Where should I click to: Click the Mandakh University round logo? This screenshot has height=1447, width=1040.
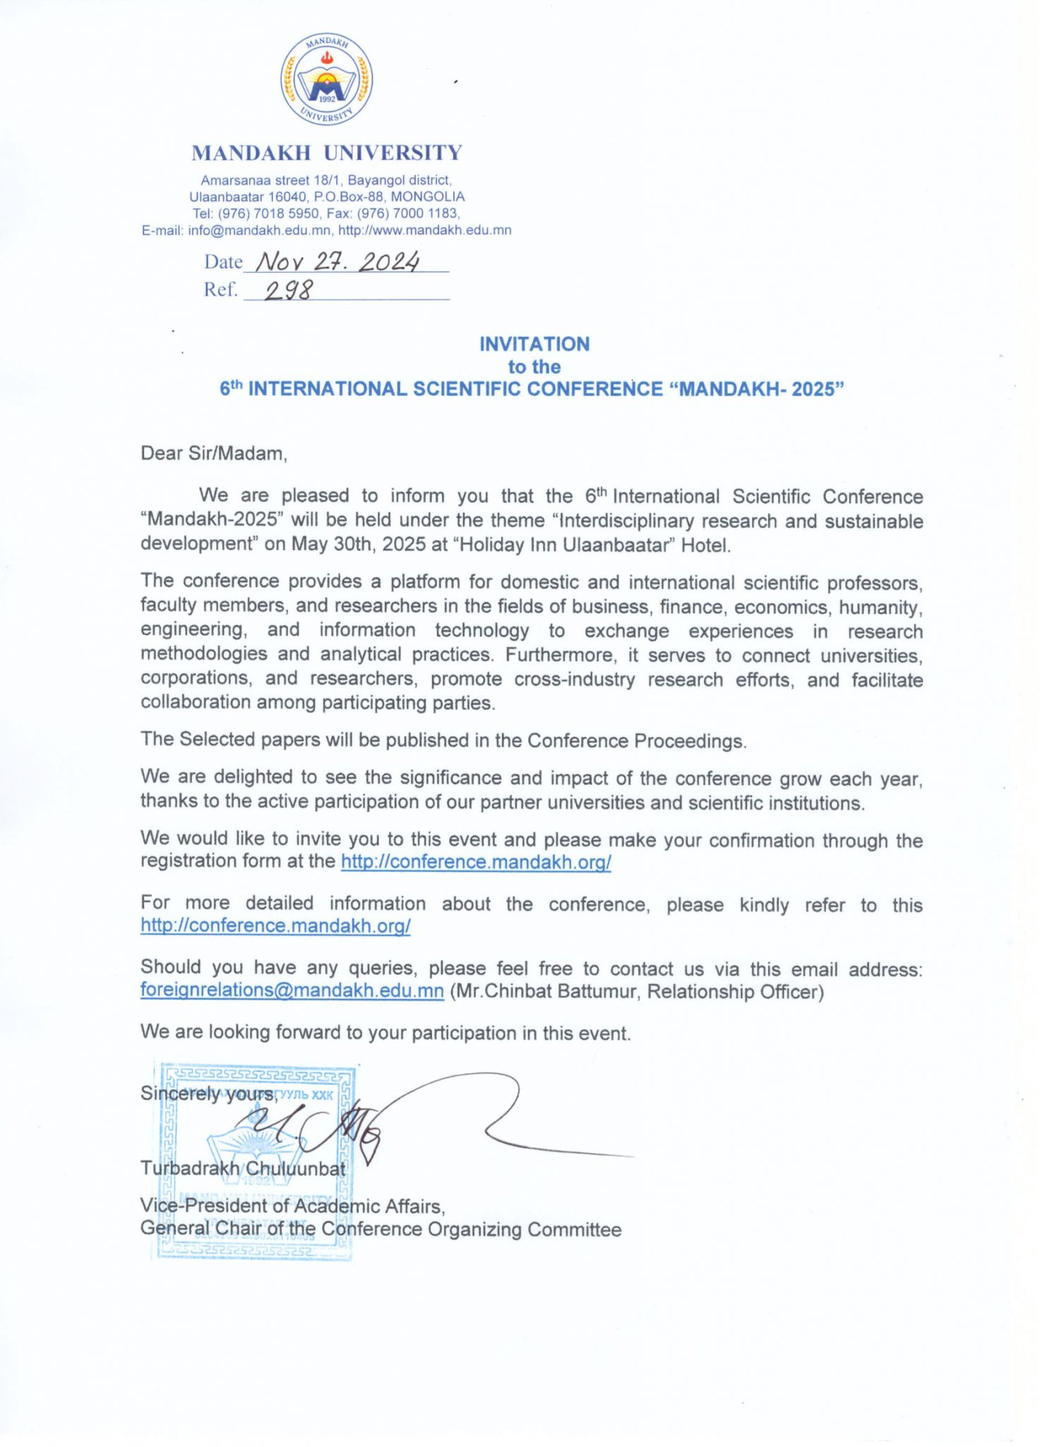tap(326, 80)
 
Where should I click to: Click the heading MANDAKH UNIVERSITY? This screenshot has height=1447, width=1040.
tap(326, 153)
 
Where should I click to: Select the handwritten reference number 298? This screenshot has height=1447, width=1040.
tap(288, 290)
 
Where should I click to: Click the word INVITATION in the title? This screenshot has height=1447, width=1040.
tap(534, 344)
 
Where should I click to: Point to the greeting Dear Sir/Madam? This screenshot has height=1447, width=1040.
tap(213, 454)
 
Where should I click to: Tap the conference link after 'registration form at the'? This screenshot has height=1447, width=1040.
tap(475, 862)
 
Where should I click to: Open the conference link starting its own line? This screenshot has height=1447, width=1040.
tap(275, 926)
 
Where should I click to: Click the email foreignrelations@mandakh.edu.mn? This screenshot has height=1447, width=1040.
tap(292, 991)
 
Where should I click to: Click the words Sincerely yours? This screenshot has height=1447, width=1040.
tap(208, 1094)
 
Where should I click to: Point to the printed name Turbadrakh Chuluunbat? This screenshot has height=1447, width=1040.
tap(242, 1169)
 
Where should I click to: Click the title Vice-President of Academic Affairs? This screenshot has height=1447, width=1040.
tap(292, 1206)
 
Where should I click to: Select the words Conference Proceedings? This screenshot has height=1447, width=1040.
tap(635, 740)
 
